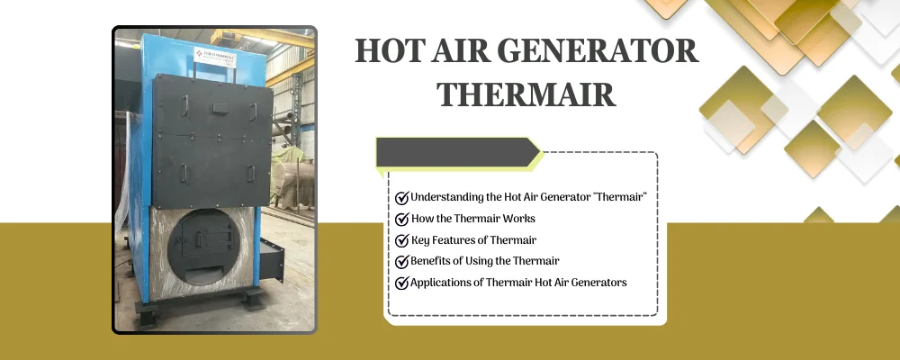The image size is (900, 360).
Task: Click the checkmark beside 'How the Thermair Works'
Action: (x=401, y=219)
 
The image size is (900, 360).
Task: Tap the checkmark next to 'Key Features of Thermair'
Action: (x=401, y=240)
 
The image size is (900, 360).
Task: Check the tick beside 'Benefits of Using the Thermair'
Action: (x=401, y=261)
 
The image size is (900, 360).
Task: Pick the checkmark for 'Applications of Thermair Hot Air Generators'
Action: (x=401, y=283)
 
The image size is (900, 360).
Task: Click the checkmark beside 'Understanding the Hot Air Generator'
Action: (x=401, y=197)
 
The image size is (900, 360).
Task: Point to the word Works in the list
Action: (x=517, y=219)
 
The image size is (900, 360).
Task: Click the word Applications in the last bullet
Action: (x=442, y=283)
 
